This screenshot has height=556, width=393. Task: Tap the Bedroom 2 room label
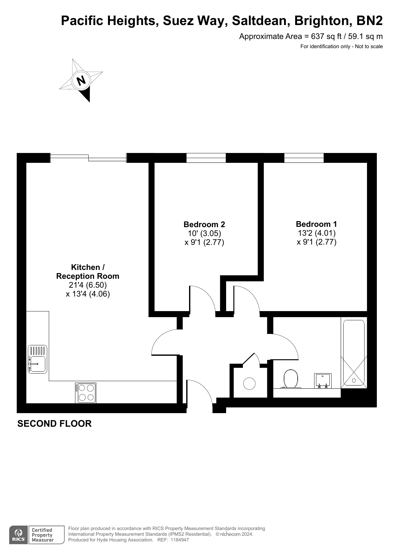tap(204, 225)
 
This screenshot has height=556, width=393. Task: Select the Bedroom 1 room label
tap(316, 224)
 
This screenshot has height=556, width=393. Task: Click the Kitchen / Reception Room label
tap(88, 272)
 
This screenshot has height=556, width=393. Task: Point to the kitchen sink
tap(37, 359)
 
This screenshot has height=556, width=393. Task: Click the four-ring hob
tap(86, 393)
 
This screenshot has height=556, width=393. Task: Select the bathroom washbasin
tap(323, 381)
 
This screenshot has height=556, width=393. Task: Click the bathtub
tap(354, 353)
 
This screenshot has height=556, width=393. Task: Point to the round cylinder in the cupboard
tap(249, 384)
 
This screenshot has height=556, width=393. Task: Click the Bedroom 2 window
tap(206, 158)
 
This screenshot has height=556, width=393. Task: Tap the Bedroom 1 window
tap(304, 158)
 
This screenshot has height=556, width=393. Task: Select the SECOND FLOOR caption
tap(54, 424)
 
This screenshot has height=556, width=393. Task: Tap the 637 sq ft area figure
tap(323, 36)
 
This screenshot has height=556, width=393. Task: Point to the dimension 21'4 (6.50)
tap(88, 285)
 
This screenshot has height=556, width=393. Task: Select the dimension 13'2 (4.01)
tap(317, 233)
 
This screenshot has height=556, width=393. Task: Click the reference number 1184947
tap(180, 540)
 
